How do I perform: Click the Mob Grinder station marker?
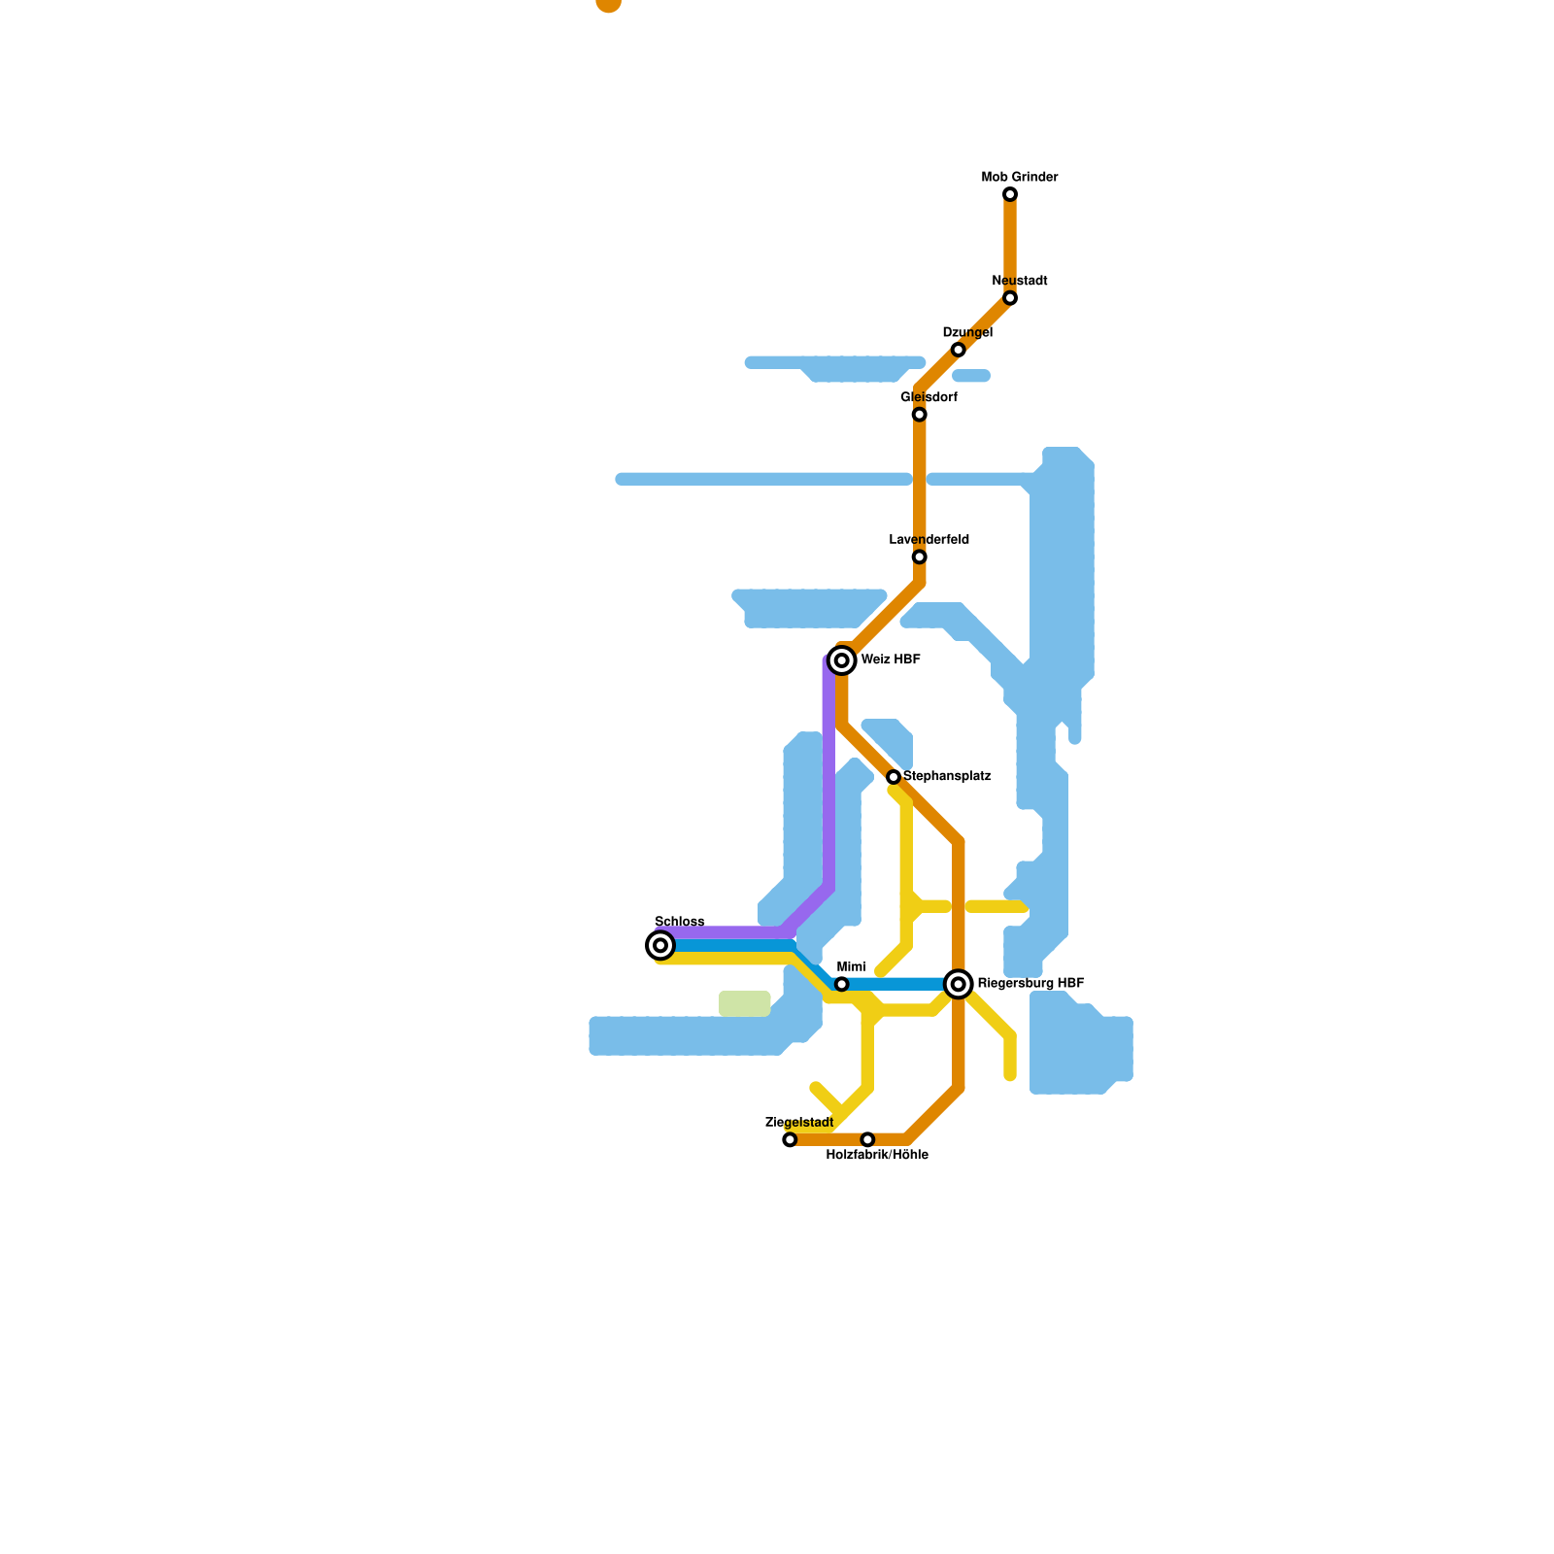pyautogui.click(x=1010, y=195)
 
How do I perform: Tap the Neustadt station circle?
pyautogui.click(x=1010, y=298)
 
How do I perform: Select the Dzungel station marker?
pyautogui.click(x=959, y=350)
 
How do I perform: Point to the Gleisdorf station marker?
pyautogui.click(x=919, y=415)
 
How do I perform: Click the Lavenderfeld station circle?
pyautogui.click(x=919, y=557)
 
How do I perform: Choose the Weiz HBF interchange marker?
pyautogui.click(x=842, y=660)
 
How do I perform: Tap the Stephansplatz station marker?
pyautogui.click(x=894, y=777)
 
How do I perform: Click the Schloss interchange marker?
pyautogui.click(x=660, y=945)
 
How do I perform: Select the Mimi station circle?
pyautogui.click(x=842, y=984)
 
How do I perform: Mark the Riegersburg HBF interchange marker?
pyautogui.click(x=959, y=984)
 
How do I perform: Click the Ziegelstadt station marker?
pyautogui.click(x=790, y=1139)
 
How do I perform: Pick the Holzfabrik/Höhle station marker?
pyautogui.click(x=867, y=1139)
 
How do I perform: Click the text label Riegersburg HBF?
pyautogui.click(x=1030, y=984)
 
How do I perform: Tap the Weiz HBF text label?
pyautogui.click(x=891, y=660)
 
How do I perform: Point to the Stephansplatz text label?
pyautogui.click(x=947, y=777)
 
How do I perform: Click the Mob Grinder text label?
pyautogui.click(x=1020, y=178)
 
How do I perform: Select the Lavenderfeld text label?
pyautogui.click(x=929, y=540)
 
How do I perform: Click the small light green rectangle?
pyautogui.click(x=745, y=1003)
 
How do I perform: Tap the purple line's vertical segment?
pyautogui.click(x=828, y=777)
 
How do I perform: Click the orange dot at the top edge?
pyautogui.click(x=609, y=4)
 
